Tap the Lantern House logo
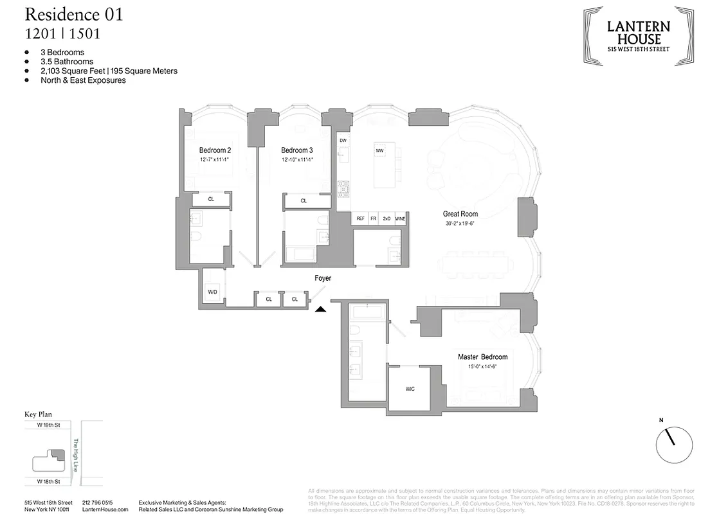point(639,36)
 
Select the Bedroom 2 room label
point(215,150)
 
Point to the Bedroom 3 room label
point(296,150)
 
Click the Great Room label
point(460,214)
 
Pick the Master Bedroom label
point(482,357)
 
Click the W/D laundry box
point(212,292)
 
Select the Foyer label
point(323,278)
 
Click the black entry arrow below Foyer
point(320,309)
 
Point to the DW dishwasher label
point(343,140)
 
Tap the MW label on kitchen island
point(379,150)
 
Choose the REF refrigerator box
point(360,219)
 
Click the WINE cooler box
point(400,219)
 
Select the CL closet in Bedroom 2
point(211,199)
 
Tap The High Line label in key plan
point(75,456)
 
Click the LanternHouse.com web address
point(105,509)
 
